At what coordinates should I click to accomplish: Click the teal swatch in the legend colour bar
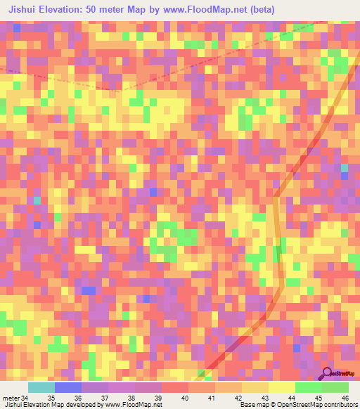(41, 387)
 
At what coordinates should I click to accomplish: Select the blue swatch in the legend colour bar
(68, 387)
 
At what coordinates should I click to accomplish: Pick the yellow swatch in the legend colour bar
(281, 387)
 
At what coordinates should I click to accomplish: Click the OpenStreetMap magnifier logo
(328, 373)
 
